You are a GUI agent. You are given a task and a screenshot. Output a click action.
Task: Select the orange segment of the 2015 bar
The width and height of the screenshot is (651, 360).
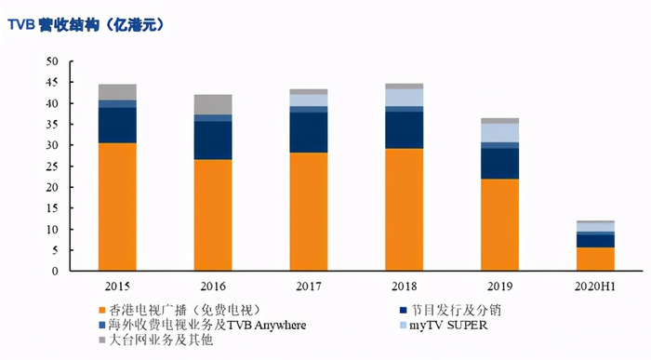pos(117,207)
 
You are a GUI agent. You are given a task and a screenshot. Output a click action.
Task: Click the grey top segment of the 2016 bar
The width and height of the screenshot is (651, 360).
pos(213,104)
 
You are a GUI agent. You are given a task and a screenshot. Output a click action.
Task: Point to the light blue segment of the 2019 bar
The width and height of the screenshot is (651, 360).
pos(499,132)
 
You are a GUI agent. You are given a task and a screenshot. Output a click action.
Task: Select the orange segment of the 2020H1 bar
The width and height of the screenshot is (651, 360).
pos(595,259)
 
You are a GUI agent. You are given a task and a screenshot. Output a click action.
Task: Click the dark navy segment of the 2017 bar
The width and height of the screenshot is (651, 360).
pos(309,132)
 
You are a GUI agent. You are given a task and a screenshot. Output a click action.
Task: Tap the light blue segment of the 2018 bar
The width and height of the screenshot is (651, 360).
pos(404,98)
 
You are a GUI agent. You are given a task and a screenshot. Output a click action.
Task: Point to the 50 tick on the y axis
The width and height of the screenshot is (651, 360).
pos(52,61)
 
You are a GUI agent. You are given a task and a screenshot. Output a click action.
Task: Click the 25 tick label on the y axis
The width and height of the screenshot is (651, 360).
pos(52,167)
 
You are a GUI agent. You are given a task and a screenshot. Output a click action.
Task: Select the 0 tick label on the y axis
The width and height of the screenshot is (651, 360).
pos(55,272)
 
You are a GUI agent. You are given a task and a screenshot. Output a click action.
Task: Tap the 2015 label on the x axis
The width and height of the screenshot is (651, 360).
pos(117,284)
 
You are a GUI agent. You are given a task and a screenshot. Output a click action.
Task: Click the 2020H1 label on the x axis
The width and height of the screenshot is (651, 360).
pos(595,284)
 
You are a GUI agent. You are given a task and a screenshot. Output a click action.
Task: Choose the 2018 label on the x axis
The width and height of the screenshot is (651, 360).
pos(404,284)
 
